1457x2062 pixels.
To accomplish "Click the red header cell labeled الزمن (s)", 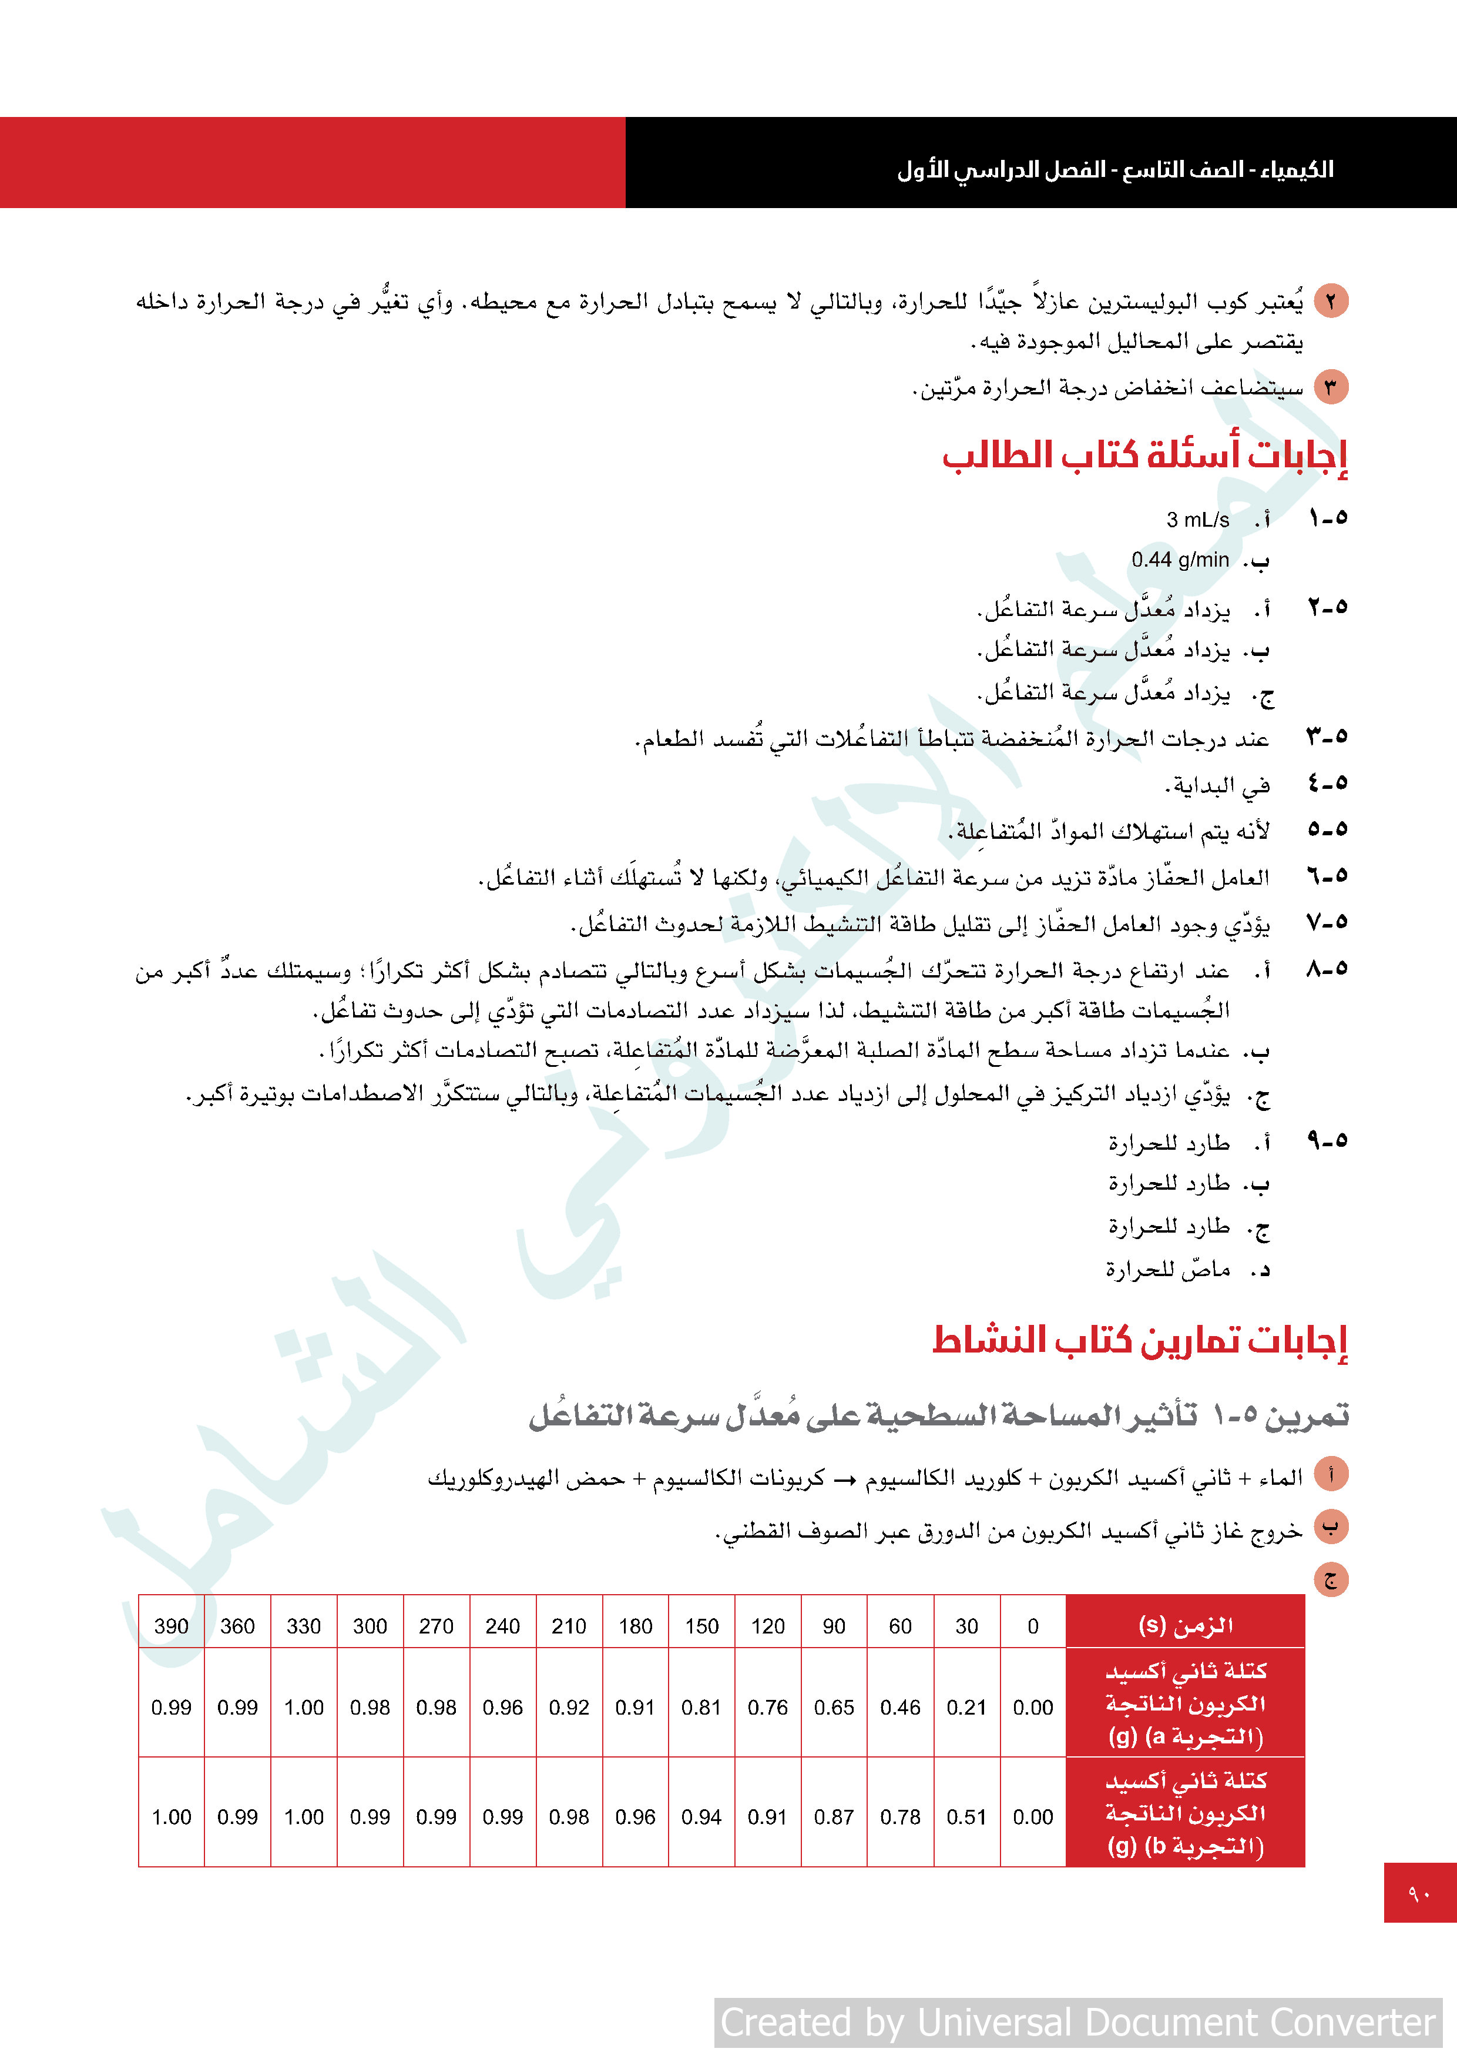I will [1185, 1625].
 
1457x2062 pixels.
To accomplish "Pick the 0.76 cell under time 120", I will [767, 1707].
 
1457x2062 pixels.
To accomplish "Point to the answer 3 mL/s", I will [1197, 519].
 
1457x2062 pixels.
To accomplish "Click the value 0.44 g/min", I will [1180, 560].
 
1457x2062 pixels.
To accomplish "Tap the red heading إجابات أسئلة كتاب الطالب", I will [1144, 456].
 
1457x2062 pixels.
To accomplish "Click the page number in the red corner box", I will [1419, 1893].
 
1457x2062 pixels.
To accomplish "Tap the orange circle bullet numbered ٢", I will [1331, 301].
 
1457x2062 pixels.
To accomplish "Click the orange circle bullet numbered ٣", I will [1331, 388].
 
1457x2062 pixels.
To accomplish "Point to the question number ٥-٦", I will [1327, 876].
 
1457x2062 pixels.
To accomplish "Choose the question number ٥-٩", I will [1327, 1140].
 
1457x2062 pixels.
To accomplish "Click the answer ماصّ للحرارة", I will [1167, 1269].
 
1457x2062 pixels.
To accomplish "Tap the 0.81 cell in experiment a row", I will [701, 1707].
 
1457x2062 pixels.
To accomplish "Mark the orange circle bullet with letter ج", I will [1331, 1579].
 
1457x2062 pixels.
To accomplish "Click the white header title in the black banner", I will [1115, 169].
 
